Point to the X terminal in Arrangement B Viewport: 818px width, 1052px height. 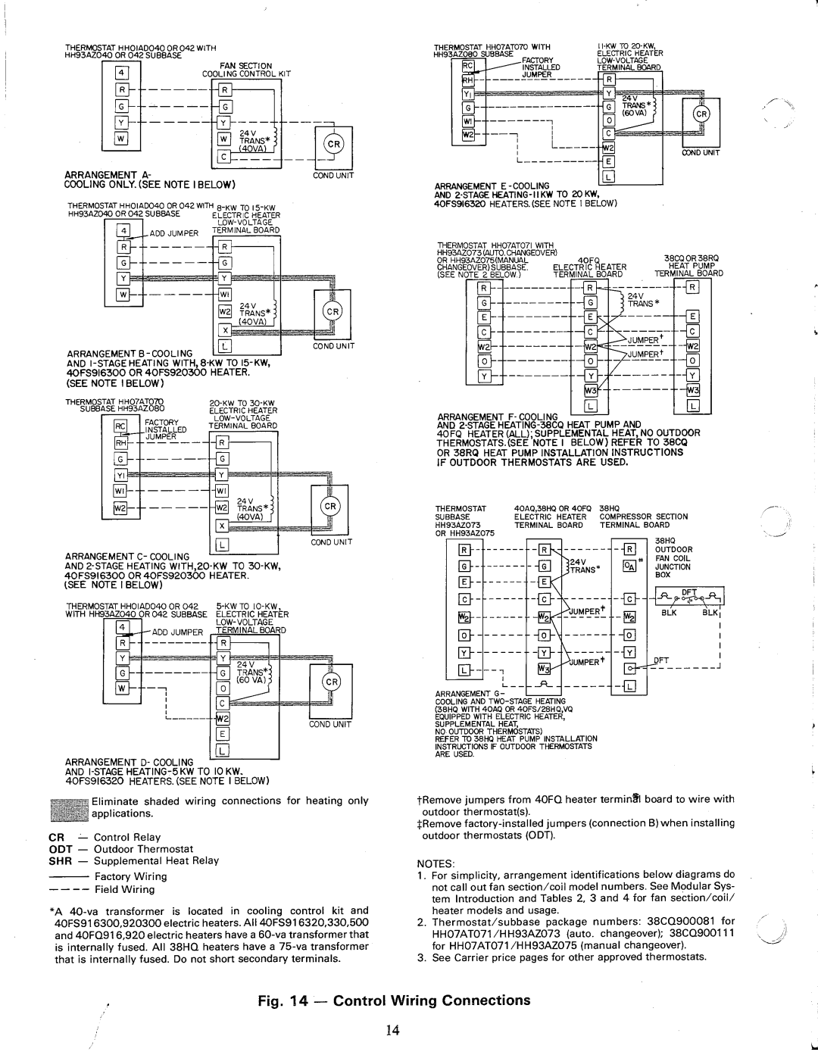pyautogui.click(x=223, y=330)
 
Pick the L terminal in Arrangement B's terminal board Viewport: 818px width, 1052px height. pyautogui.click(x=223, y=348)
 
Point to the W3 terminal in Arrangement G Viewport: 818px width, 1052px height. pyautogui.click(x=544, y=670)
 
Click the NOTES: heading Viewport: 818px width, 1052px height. pyautogui.click(x=438, y=863)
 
